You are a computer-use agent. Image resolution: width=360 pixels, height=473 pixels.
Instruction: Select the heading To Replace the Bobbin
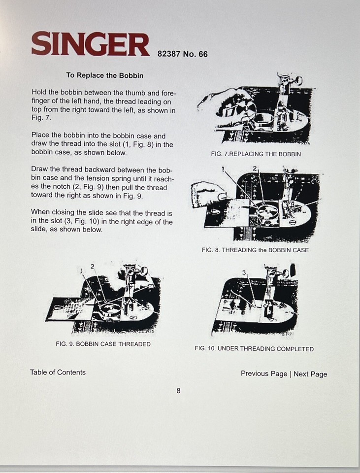105,75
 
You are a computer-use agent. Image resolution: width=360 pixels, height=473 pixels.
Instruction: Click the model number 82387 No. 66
183,54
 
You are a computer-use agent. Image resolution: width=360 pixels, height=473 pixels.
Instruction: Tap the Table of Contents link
58,372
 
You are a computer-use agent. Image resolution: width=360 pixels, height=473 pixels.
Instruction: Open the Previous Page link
263,373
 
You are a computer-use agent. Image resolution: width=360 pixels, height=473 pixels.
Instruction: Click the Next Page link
310,374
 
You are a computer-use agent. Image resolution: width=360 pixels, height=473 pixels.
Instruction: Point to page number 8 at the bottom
178,391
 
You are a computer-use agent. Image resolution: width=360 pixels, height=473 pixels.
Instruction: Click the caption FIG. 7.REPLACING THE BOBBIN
256,154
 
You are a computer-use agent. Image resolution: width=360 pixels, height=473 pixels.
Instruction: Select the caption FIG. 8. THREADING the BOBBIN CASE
255,250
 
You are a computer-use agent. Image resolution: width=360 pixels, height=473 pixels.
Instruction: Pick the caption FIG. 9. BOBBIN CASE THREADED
103,344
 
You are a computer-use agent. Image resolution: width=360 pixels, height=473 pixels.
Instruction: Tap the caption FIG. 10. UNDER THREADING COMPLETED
254,349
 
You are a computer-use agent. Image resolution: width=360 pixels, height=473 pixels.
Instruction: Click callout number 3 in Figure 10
243,272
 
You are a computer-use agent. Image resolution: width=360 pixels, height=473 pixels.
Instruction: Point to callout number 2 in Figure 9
92,266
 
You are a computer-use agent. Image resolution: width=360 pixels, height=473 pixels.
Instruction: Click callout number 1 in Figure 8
223,169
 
